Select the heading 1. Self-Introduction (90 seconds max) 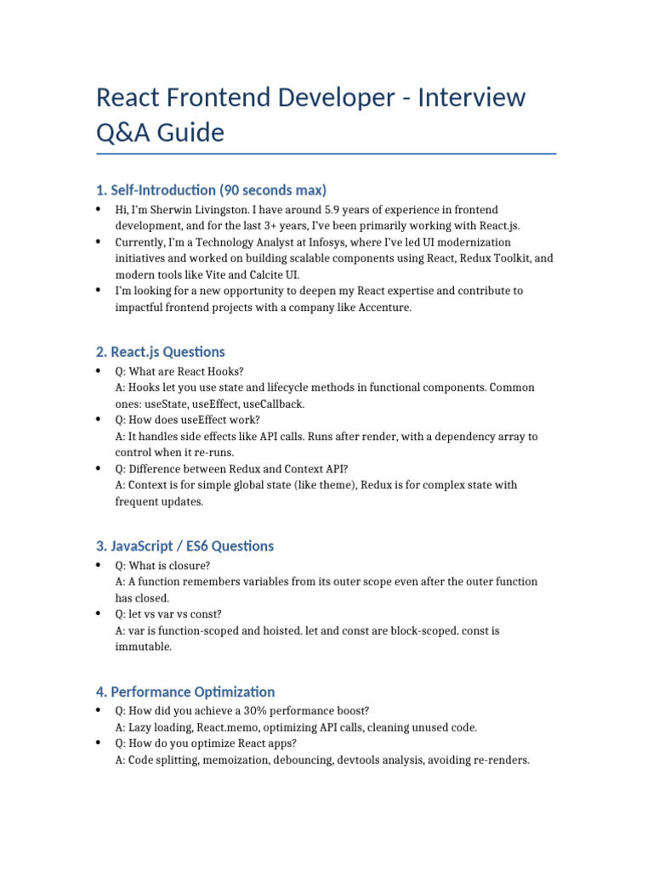click(211, 189)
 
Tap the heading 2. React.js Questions click(161, 352)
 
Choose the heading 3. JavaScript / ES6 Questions click(185, 545)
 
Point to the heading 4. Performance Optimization click(185, 692)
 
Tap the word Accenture click(383, 308)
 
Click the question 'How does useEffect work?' click(194, 420)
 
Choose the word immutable click(143, 647)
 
